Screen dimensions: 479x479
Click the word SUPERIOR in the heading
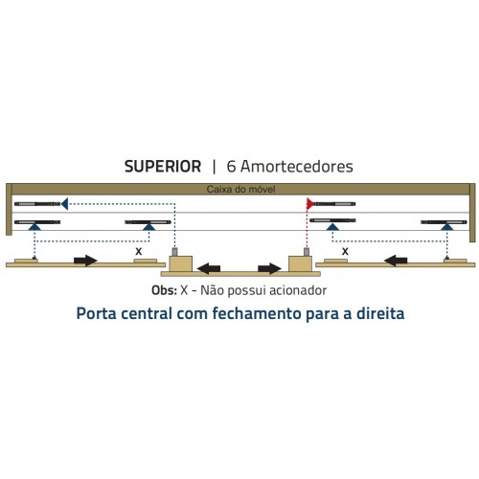pyautogui.click(x=163, y=167)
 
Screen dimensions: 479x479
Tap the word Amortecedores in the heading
pyautogui.click(x=297, y=167)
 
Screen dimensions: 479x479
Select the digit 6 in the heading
pyautogui.click(x=231, y=167)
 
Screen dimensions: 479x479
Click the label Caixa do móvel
pyautogui.click(x=240, y=189)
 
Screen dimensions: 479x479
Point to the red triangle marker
pyautogui.click(x=309, y=204)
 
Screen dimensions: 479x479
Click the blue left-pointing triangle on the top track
pyautogui.click(x=65, y=204)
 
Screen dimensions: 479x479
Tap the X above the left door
pyautogui.click(x=138, y=252)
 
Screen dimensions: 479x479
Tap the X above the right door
pyautogui.click(x=345, y=252)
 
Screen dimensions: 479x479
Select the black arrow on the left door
pyautogui.click(x=85, y=261)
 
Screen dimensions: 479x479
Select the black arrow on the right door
pyautogui.click(x=396, y=261)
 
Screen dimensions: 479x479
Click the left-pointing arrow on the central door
pyautogui.click(x=209, y=268)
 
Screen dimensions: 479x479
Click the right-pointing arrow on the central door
pyautogui.click(x=270, y=268)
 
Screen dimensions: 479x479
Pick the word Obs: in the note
pyautogui.click(x=164, y=290)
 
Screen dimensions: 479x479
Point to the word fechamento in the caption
pyautogui.click(x=257, y=313)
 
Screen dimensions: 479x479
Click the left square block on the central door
pyautogui.click(x=180, y=263)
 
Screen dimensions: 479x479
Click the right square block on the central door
pyautogui.click(x=300, y=263)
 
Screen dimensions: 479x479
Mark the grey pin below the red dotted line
pyautogui.click(x=307, y=252)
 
